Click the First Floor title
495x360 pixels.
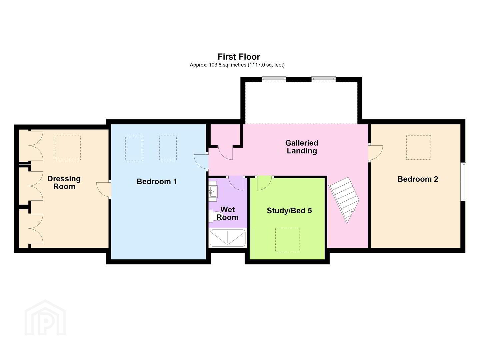[239, 57]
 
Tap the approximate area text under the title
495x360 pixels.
[237, 65]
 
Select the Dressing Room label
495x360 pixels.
[64, 183]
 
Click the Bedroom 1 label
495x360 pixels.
[157, 182]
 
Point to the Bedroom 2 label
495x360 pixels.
[418, 179]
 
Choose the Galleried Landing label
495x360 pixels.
[302, 147]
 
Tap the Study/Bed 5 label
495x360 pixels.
[289, 211]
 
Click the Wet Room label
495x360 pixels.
[228, 213]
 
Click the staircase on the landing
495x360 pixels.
[344, 200]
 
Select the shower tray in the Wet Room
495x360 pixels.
[228, 238]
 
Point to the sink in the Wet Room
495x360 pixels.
[213, 191]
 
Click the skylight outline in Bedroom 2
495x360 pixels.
[419, 147]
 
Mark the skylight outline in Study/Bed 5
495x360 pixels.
[287, 240]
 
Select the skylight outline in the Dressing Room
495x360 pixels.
[68, 148]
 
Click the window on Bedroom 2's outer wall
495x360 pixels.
[463, 181]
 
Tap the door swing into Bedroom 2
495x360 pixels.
[376, 153]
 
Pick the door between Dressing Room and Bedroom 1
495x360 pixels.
[103, 189]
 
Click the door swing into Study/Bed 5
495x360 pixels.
[264, 183]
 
